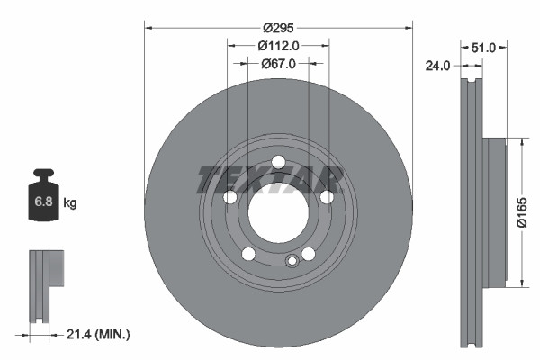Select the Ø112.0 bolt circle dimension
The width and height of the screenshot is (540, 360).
278,45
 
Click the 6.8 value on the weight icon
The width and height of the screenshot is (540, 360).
42,202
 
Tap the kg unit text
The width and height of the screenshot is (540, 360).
70,203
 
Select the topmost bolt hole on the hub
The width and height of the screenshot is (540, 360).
278,162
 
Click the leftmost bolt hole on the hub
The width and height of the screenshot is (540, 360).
229,197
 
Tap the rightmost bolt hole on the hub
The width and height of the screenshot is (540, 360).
327,197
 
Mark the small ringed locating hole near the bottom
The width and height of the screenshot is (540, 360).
291,262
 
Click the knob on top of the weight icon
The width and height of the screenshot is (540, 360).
43,173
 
